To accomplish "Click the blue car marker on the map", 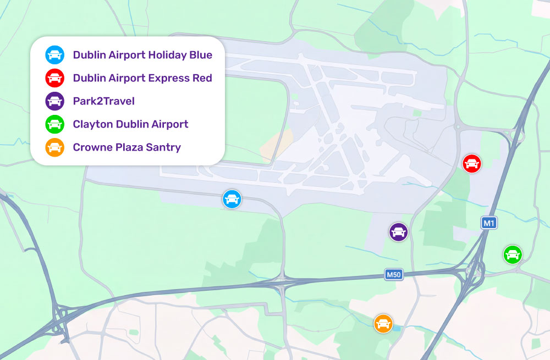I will coord(232,199).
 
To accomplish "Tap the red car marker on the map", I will coord(472,163).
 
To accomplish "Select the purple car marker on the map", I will coord(398,232).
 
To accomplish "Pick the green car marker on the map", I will coord(513,254).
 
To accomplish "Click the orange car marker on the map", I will coord(383,323).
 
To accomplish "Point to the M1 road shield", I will coord(489,223).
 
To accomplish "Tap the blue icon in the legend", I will coord(54,55).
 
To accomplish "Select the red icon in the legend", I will coord(54,78).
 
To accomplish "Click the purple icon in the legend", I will coord(54,101).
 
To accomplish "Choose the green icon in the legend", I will coord(54,124).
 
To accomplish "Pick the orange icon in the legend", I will coord(54,147).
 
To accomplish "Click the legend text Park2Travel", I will coord(103,101).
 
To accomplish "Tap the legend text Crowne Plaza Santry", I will coord(127,147).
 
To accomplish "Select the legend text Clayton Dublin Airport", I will coord(130,124).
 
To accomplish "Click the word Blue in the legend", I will coord(200,55).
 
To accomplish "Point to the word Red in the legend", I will coord(202,78).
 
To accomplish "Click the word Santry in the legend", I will coord(163,147).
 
